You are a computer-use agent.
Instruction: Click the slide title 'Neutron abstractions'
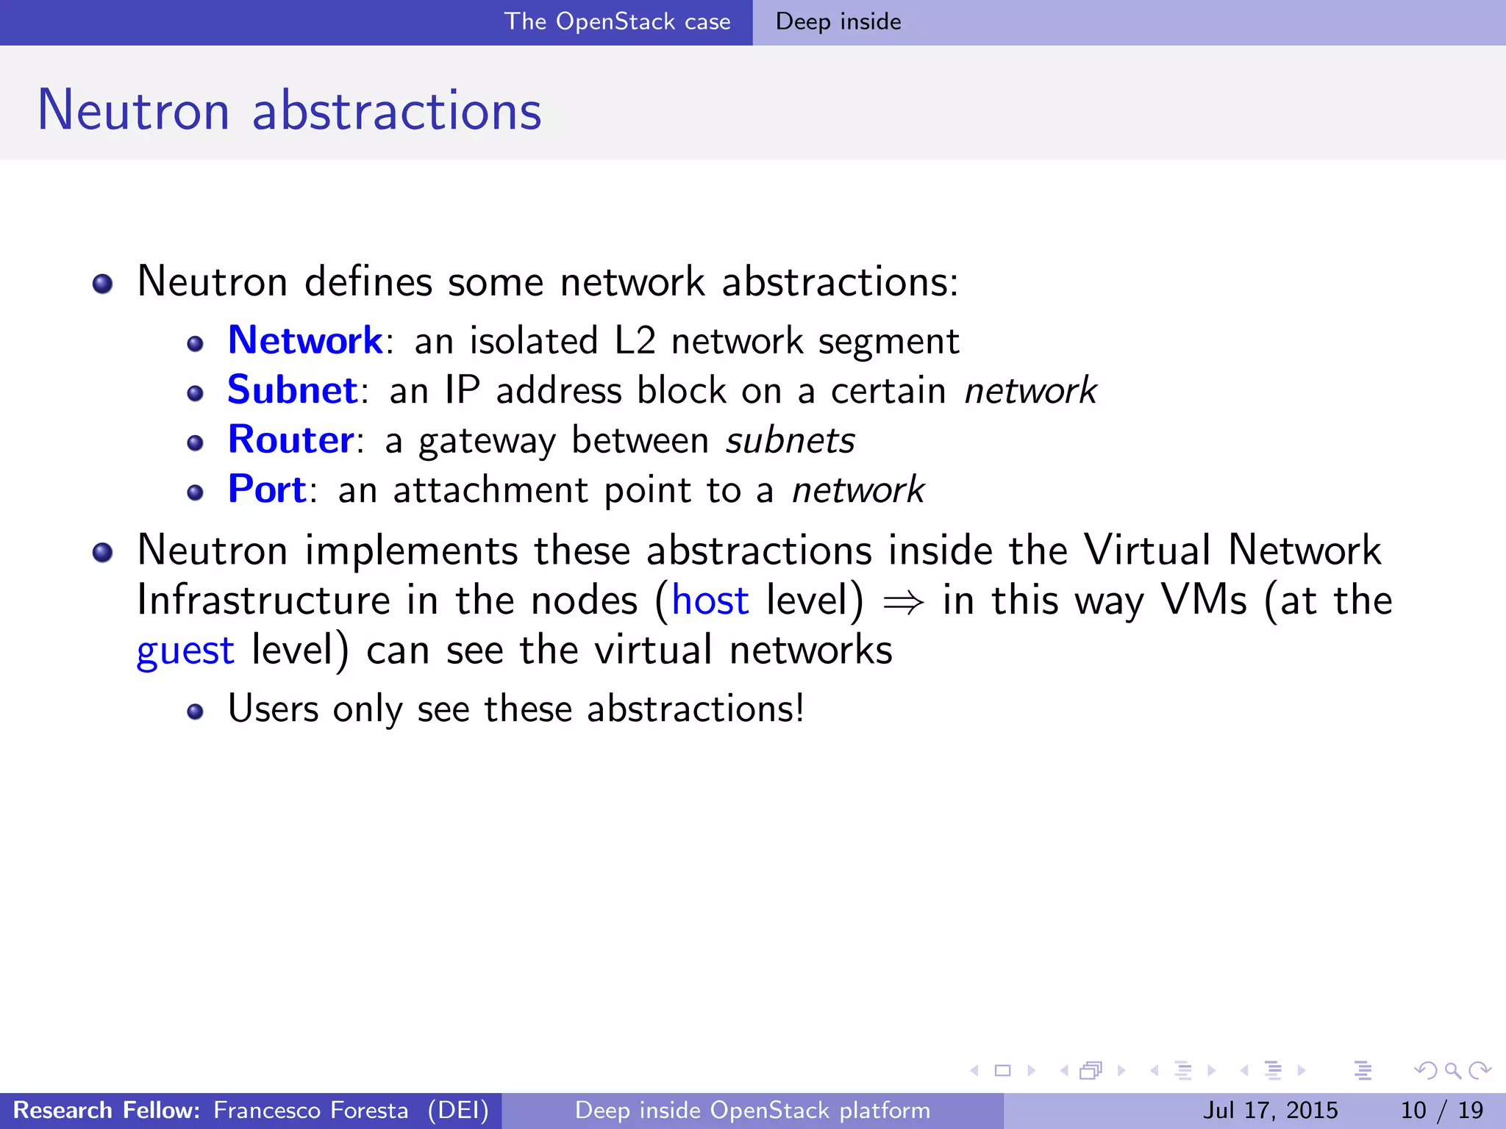[x=289, y=110]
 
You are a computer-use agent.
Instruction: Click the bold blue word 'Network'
[x=305, y=340]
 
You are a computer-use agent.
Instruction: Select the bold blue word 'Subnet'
[x=292, y=390]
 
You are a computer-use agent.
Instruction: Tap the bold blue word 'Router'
[x=291, y=440]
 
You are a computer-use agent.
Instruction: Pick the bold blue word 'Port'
[x=267, y=490]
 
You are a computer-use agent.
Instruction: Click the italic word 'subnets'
[x=790, y=441]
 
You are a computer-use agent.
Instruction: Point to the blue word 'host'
[x=710, y=601]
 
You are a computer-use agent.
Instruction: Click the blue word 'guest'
[x=185, y=651]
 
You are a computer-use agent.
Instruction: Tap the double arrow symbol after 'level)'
[x=903, y=603]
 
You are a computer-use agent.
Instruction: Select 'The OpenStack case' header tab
[x=617, y=22]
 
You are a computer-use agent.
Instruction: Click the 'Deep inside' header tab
[x=838, y=22]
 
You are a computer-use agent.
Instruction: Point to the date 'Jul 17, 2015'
[x=1270, y=1110]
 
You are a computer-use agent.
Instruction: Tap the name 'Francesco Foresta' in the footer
[x=310, y=1110]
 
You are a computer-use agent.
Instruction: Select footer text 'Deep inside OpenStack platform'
[x=752, y=1110]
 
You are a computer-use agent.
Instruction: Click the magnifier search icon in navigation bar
[x=1452, y=1070]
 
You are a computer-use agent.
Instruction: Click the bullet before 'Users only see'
[x=195, y=712]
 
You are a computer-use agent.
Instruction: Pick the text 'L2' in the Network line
[x=635, y=341]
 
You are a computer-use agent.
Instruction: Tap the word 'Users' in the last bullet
[x=273, y=709]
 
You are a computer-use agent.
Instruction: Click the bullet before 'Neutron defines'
[x=103, y=284]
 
